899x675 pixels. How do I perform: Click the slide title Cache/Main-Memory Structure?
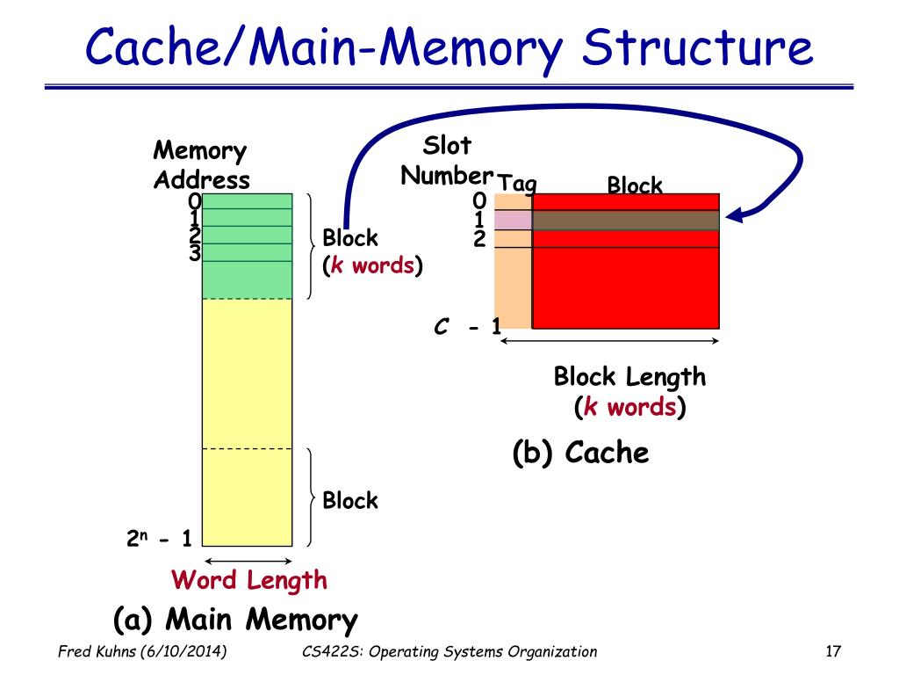449,48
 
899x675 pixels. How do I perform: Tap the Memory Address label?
201,165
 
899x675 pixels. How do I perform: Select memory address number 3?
195,252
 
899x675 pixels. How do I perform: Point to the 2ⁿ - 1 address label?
159,539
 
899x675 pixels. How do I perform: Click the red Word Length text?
248,581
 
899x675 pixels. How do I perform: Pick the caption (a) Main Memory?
235,620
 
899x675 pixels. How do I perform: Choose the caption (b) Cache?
580,453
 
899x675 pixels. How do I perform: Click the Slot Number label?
447,161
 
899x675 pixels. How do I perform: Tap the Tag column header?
517,184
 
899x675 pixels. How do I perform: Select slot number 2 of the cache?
480,239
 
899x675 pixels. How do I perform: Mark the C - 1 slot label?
467,327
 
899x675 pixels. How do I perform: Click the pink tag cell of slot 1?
513,221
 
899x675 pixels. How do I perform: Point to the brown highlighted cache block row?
625,221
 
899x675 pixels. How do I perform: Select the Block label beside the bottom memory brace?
350,500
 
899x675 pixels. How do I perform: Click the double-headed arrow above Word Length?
248,561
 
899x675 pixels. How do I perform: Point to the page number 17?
833,651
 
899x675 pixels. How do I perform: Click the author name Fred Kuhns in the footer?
97,651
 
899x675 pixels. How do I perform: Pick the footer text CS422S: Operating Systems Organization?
449,652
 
